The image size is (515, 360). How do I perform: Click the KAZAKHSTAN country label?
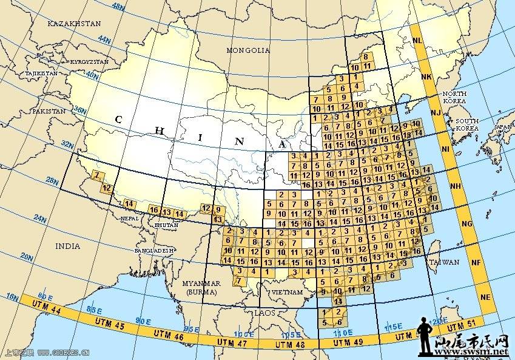[x=75, y=23]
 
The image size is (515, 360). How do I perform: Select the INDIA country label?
[x=67, y=246]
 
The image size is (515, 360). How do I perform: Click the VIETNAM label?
[x=288, y=292]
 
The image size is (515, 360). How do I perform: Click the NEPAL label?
[x=129, y=218]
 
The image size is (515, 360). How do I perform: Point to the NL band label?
[x=417, y=41]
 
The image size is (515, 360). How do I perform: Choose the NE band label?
[x=485, y=297]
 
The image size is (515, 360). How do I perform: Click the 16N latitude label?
[x=12, y=297]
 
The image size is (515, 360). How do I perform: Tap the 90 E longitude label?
[x=143, y=321]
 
